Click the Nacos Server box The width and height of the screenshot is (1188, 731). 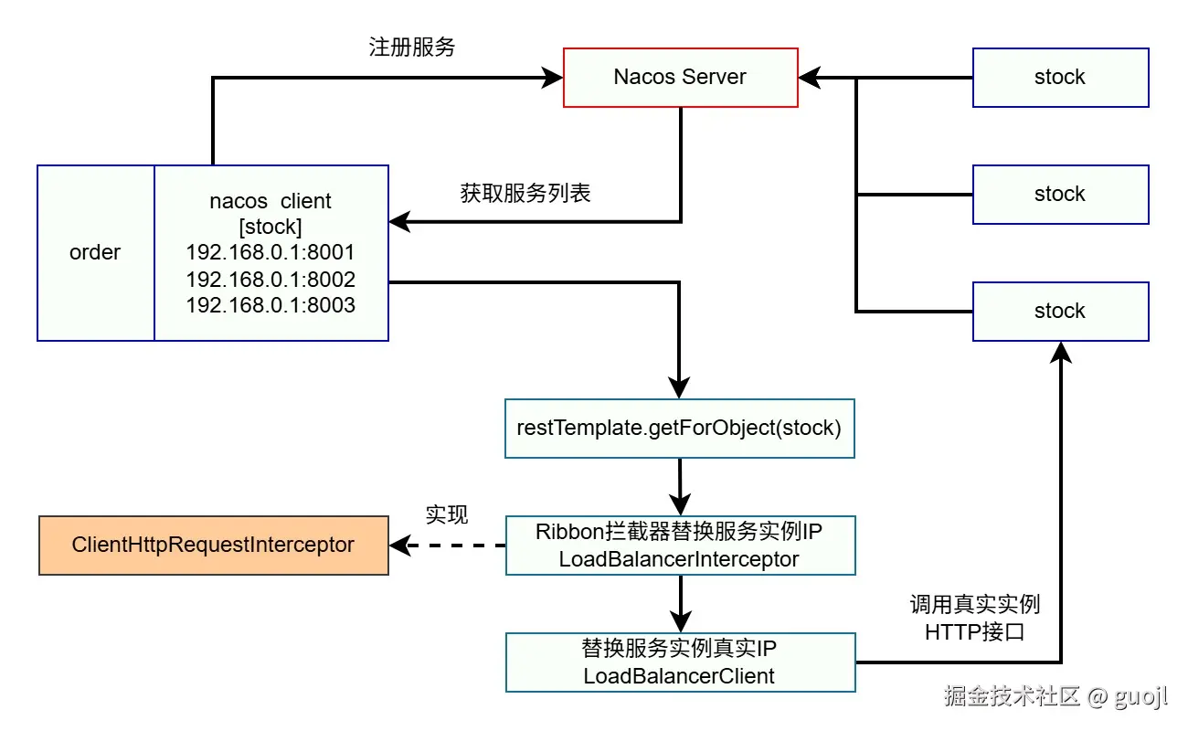pos(680,78)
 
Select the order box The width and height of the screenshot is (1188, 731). pos(95,253)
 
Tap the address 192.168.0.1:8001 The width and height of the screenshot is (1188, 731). pos(270,253)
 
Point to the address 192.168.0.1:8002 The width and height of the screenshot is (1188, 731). pos(270,280)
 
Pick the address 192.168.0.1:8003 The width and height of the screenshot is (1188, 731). pos(270,305)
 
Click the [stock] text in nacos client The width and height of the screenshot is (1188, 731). pos(270,227)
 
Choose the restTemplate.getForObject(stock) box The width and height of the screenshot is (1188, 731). pos(679,428)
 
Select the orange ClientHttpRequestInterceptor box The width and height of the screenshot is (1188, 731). pos(213,546)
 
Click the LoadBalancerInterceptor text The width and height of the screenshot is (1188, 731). pos(679,559)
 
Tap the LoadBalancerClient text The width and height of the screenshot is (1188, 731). pos(679,676)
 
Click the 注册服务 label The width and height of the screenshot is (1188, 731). pos(411,48)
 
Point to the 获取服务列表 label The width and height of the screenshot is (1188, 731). pos(525,194)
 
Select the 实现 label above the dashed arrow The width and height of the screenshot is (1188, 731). pos(447,515)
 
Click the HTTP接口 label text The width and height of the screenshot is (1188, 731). pos(975,631)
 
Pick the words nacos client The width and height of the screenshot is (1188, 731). pos(270,201)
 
